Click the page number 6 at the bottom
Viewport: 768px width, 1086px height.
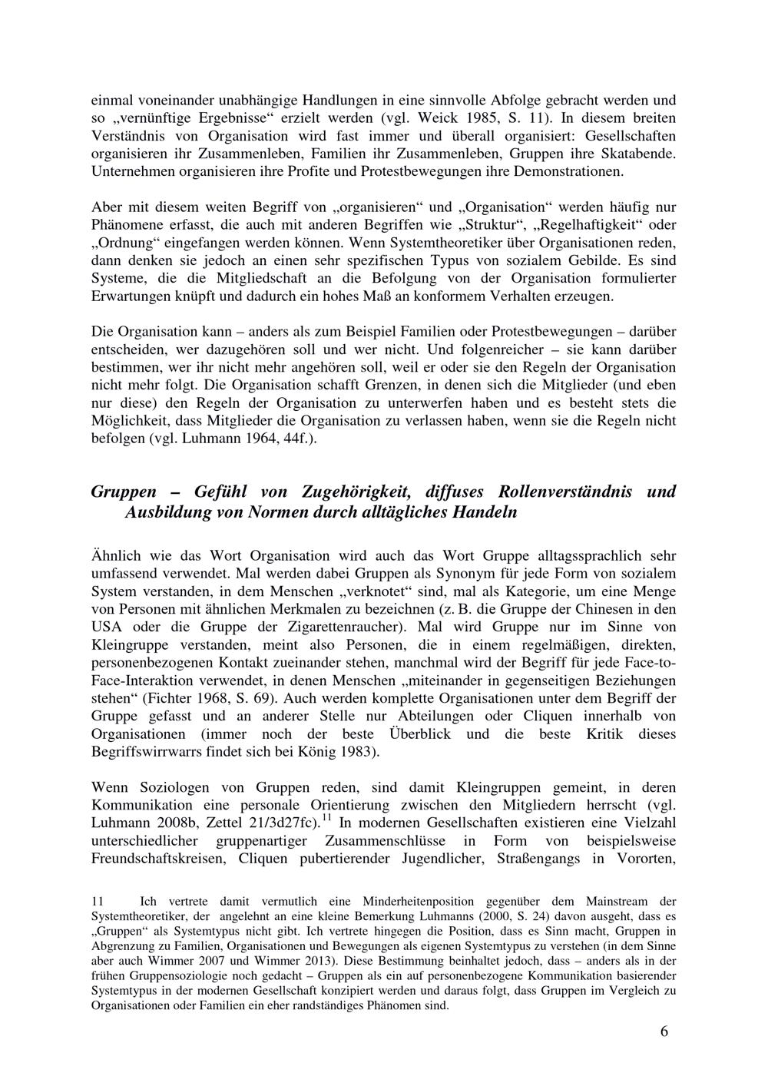click(664, 1031)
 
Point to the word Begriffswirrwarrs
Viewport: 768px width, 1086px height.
click(145, 751)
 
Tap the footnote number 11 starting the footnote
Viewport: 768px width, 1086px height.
click(97, 902)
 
